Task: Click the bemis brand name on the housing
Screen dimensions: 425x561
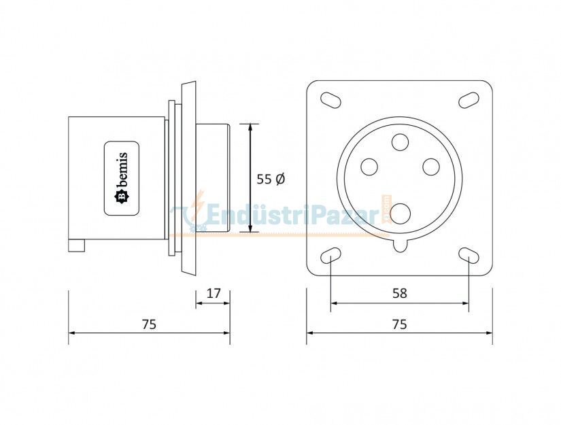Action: click(x=123, y=169)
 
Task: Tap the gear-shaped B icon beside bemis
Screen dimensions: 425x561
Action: click(x=122, y=197)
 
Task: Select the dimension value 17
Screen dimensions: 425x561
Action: click(x=213, y=293)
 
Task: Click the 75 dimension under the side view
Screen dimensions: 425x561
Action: click(x=149, y=324)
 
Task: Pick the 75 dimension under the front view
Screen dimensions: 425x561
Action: click(x=399, y=324)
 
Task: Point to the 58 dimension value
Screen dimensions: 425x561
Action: click(x=399, y=293)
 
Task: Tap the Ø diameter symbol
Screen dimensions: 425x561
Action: click(x=279, y=179)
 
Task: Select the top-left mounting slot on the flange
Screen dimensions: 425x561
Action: click(x=330, y=99)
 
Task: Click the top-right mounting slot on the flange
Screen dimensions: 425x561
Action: click(x=469, y=99)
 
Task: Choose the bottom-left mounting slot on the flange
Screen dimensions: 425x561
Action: click(x=330, y=256)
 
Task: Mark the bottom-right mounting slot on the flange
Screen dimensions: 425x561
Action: click(x=469, y=256)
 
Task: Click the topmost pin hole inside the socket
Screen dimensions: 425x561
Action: click(x=400, y=142)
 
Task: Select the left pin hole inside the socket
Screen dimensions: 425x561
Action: click(x=369, y=166)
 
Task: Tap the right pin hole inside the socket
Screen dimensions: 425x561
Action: click(x=430, y=166)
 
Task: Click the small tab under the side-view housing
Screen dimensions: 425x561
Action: click(x=76, y=245)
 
